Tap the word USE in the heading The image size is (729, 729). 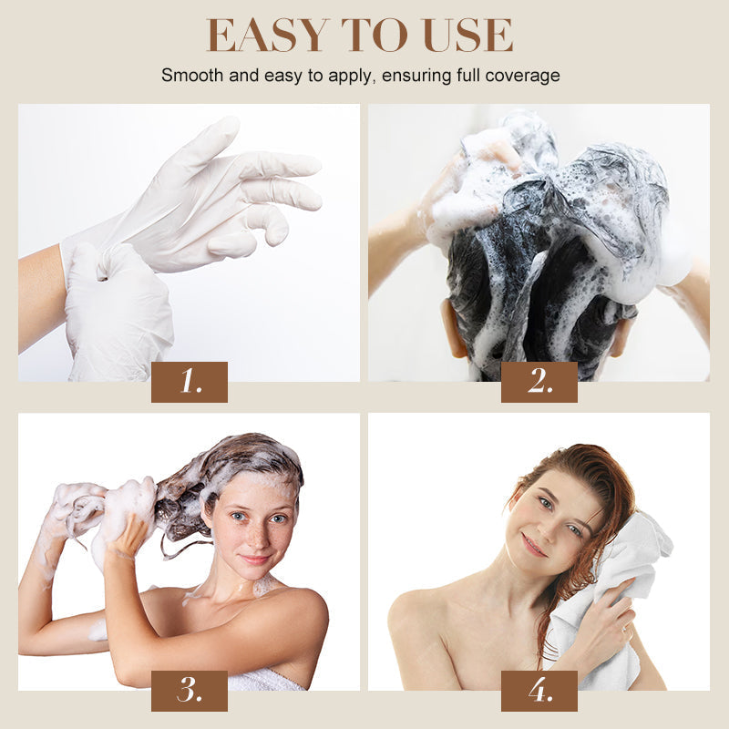point(468,35)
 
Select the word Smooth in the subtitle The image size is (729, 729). point(192,75)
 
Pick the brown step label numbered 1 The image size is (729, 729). point(190,382)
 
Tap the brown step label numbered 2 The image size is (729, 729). point(539,382)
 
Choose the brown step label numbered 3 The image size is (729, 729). point(190,691)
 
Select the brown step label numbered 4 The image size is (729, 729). point(539,691)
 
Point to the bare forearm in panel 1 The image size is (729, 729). point(41,298)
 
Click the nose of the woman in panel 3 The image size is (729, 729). point(257,535)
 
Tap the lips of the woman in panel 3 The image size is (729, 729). point(255,559)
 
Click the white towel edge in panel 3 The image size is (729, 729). point(265,680)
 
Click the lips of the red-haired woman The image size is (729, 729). point(533,545)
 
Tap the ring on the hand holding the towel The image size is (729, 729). point(625,630)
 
